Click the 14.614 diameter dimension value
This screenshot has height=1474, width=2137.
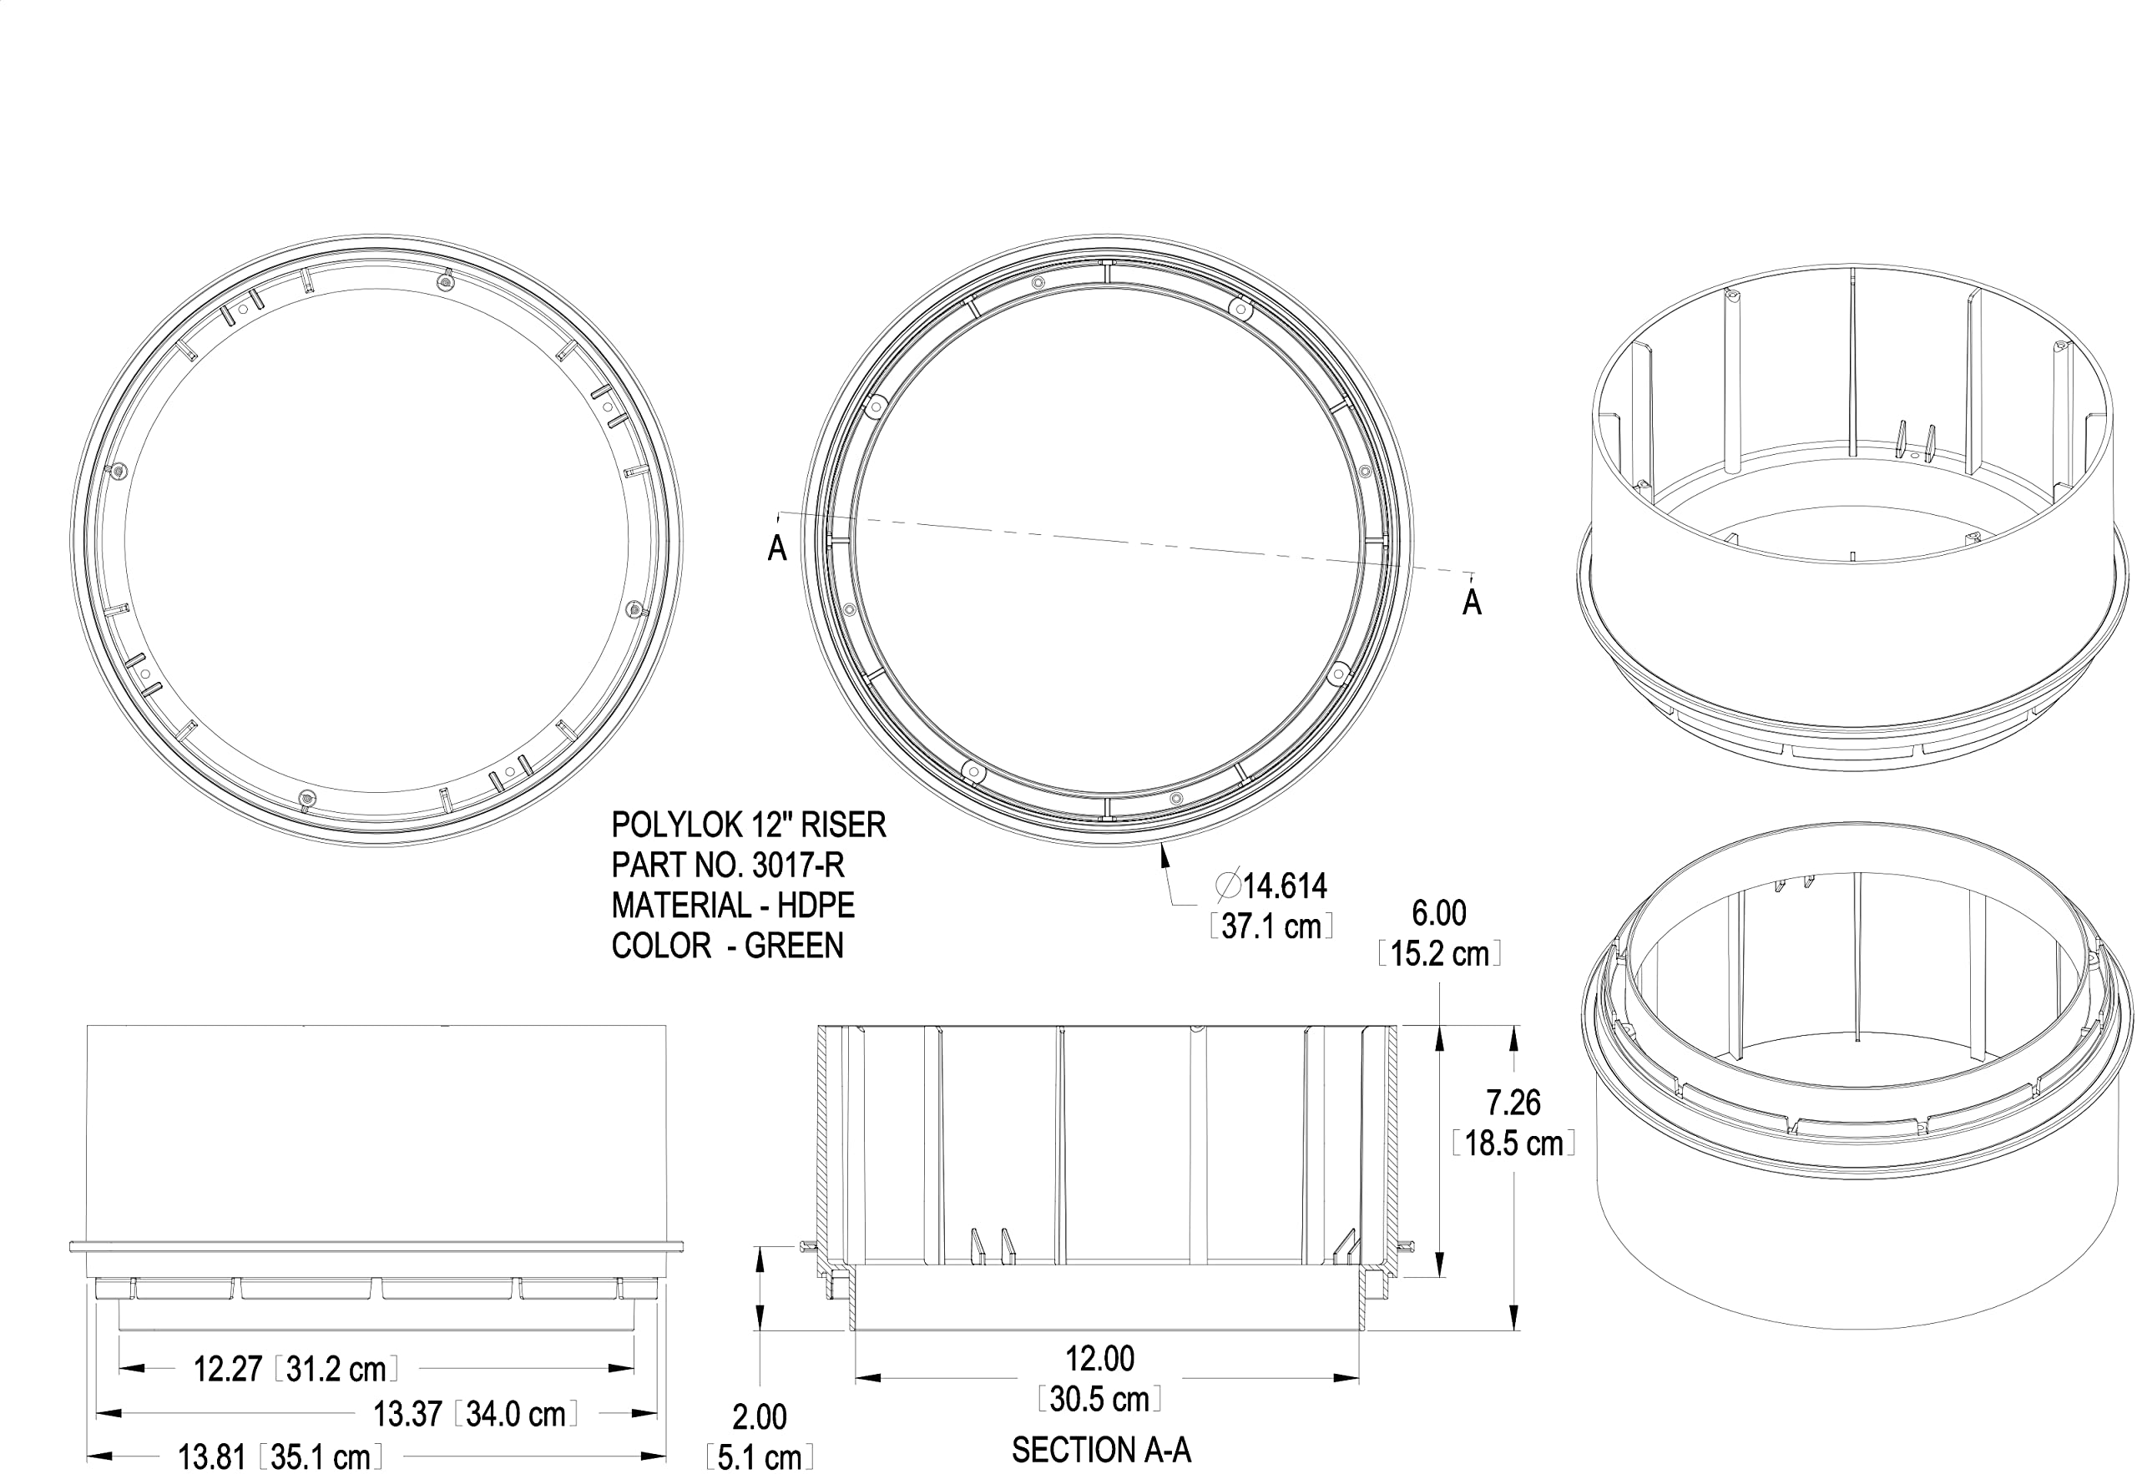1285,886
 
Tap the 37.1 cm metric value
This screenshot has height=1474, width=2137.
1271,926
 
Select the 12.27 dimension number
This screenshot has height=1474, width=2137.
228,1369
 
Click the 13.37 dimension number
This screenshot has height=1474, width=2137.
407,1414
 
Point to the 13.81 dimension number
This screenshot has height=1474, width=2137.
211,1457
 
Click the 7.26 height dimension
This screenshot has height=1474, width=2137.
1513,1103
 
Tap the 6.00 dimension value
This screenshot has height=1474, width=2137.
1439,913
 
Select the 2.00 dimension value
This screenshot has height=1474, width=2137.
759,1416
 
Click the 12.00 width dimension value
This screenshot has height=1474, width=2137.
1100,1359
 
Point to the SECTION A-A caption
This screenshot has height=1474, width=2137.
1101,1450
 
